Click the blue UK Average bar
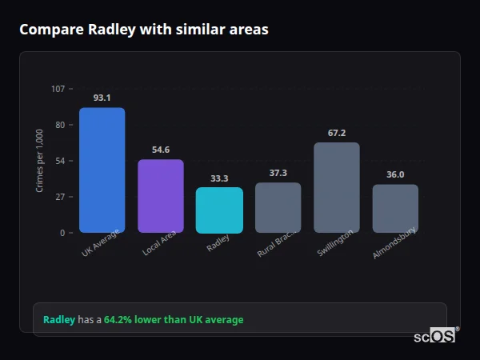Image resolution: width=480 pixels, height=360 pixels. coord(102,170)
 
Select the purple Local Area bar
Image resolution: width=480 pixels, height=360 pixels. coord(161,196)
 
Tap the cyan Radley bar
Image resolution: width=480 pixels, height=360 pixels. coord(219,210)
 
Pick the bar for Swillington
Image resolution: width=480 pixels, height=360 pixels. coord(337,187)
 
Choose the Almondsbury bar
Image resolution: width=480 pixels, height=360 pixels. coord(395,208)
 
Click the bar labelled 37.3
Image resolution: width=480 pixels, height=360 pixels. coord(278,207)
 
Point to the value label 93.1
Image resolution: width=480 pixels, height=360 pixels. coord(102,98)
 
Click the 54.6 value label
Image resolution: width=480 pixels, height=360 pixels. coord(161,150)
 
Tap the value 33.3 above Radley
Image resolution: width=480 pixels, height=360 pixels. coord(219,178)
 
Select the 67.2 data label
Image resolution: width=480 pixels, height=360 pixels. coord(337,133)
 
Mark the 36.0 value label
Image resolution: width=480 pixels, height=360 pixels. coord(395,174)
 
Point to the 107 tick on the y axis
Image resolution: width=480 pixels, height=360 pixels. coord(58,89)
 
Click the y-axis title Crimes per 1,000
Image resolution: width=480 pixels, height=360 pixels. coord(40,161)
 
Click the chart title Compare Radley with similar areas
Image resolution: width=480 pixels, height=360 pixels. coord(144,30)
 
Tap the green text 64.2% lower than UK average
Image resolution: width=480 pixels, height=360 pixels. coord(174,320)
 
